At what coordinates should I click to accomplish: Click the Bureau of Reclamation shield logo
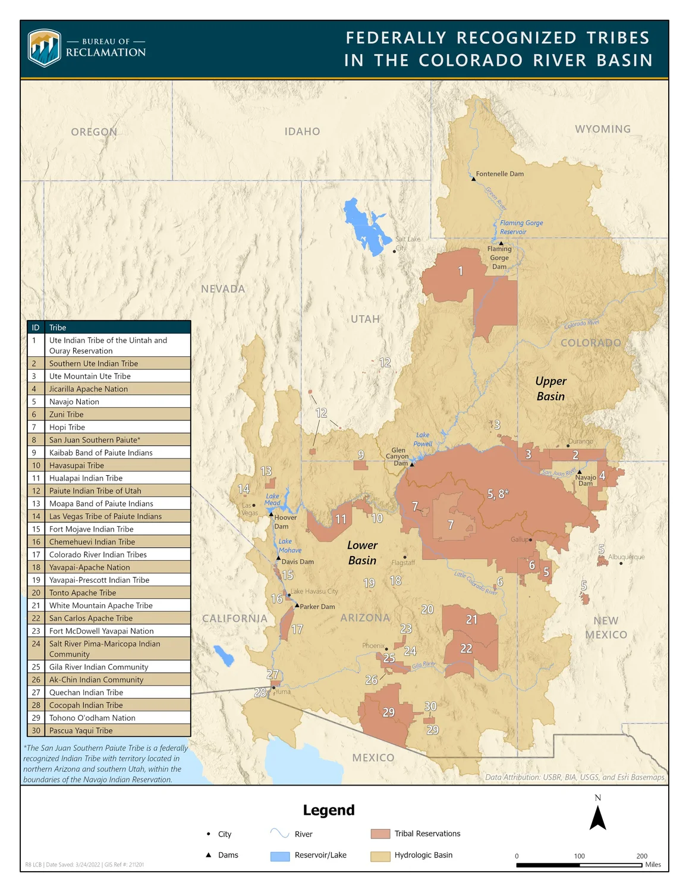pyautogui.click(x=45, y=48)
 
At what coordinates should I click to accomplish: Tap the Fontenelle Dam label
pyautogui.click(x=499, y=174)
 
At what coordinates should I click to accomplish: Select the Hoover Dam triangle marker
pyautogui.click(x=271, y=513)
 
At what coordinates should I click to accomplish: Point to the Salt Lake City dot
pyautogui.click(x=394, y=251)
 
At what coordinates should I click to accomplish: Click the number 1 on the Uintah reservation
pyautogui.click(x=460, y=271)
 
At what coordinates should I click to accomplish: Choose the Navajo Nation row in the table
pyautogui.click(x=109, y=401)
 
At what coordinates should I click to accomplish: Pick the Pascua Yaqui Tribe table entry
pyautogui.click(x=109, y=730)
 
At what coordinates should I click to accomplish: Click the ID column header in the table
pyautogui.click(x=36, y=327)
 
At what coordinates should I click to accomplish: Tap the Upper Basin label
pyautogui.click(x=550, y=388)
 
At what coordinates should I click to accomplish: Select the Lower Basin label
pyautogui.click(x=362, y=552)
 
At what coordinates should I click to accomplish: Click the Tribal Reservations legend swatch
pyautogui.click(x=380, y=834)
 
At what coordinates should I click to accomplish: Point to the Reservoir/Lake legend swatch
pyautogui.click(x=280, y=856)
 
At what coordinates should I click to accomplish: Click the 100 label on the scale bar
pyautogui.click(x=579, y=856)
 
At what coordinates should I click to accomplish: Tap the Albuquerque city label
pyautogui.click(x=626, y=557)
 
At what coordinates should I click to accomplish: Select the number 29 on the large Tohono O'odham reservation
pyautogui.click(x=388, y=712)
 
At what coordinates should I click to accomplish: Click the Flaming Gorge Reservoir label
pyautogui.click(x=521, y=227)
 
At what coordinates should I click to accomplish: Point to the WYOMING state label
pyautogui.click(x=602, y=129)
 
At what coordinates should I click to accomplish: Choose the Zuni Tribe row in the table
pyautogui.click(x=109, y=414)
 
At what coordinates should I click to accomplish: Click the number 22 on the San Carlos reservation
pyautogui.click(x=466, y=648)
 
